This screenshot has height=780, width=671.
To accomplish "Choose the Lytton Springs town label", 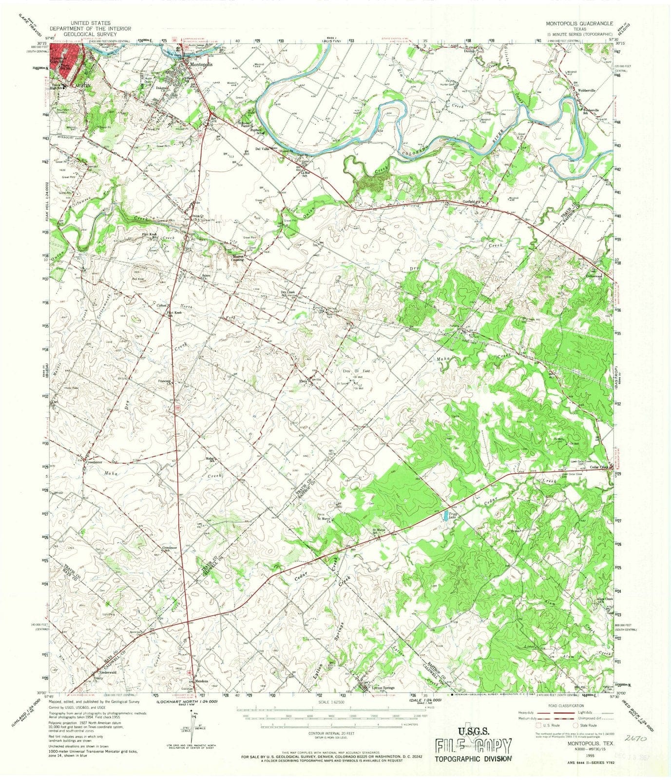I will (383, 688).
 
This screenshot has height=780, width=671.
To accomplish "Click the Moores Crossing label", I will (237, 258).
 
